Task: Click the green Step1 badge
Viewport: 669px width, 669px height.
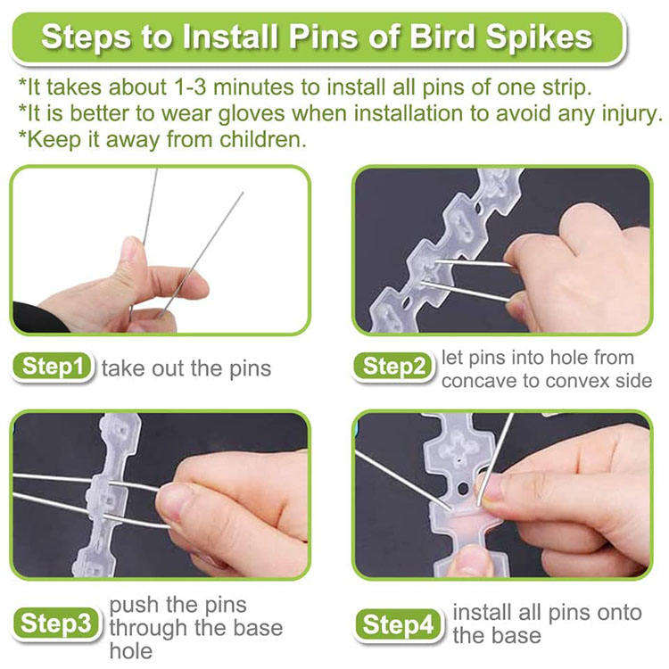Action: pos(53,367)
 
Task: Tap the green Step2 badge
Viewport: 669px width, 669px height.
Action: pos(393,367)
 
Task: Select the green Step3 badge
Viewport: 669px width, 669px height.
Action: pos(56,624)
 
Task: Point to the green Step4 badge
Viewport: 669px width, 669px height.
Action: pos(398,625)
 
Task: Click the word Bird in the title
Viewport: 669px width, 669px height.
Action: pos(442,37)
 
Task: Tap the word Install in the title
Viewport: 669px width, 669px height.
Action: pos(230,37)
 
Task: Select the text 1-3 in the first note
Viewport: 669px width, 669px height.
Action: pos(190,87)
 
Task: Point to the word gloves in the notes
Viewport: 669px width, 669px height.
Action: pos(252,114)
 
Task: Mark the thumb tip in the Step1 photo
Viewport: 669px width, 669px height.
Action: pos(131,244)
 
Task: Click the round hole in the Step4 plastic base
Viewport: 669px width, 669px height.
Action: pos(463,487)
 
